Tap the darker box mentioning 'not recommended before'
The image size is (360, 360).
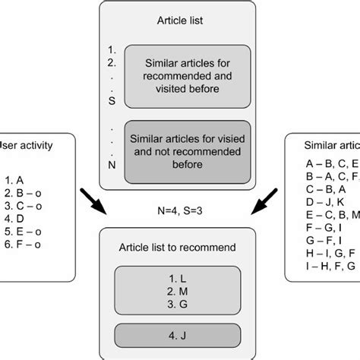[187, 149]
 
